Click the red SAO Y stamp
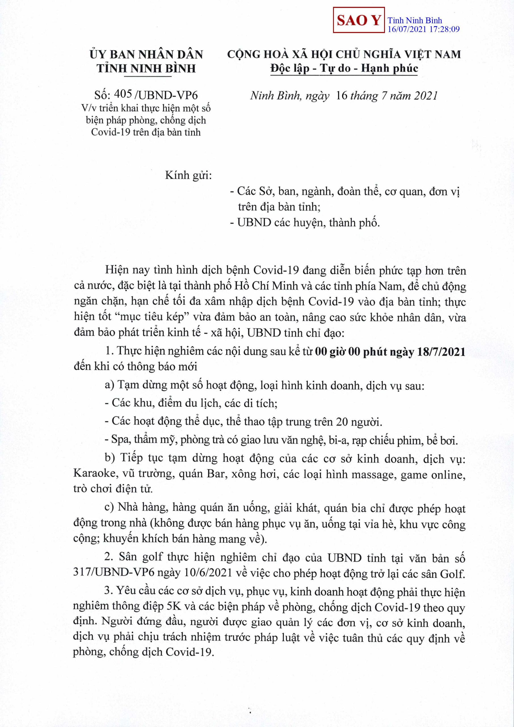359,20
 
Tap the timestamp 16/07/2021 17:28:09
424,30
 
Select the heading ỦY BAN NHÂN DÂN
146,55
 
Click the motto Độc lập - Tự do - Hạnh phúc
344,68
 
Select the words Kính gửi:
188,175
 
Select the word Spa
118,440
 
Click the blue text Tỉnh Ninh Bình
415,21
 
